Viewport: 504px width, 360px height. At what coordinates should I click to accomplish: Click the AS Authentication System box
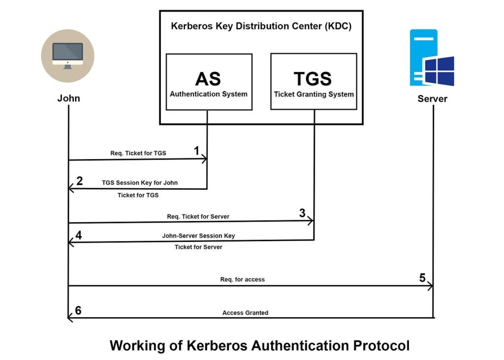(209, 82)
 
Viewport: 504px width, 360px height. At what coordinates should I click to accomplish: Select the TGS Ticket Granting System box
(314, 82)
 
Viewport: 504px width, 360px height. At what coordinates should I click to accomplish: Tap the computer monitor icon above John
(67, 55)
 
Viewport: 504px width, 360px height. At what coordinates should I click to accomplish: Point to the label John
(68, 98)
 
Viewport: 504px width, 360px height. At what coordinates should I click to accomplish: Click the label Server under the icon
(432, 98)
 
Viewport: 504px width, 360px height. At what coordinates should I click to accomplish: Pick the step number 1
(197, 151)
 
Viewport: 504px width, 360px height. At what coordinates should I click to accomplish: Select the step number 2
(80, 181)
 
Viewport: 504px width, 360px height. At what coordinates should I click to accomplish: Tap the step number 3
(302, 213)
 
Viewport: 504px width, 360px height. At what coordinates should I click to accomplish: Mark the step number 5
(422, 278)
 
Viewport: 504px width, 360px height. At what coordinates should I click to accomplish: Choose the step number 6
(78, 311)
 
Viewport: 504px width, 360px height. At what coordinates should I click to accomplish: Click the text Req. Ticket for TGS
(138, 153)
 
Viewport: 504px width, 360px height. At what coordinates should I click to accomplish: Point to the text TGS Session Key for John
(140, 183)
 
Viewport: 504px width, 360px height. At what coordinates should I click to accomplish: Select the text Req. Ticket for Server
(198, 216)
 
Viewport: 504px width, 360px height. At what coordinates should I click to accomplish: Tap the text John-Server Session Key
(198, 236)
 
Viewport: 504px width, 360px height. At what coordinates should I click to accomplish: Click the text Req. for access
(242, 280)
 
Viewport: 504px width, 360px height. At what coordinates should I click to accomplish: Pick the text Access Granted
(245, 313)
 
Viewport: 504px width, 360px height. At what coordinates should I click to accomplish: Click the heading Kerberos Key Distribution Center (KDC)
(261, 27)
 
